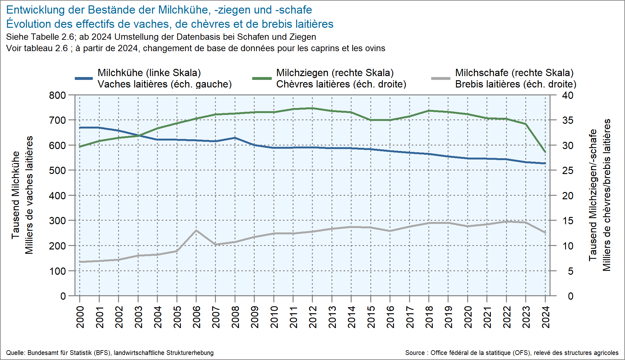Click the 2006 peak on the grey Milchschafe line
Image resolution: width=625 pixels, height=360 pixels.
click(x=196, y=231)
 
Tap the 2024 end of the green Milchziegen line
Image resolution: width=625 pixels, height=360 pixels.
click(x=545, y=152)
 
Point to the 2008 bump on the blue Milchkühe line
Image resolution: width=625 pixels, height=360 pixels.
click(x=235, y=138)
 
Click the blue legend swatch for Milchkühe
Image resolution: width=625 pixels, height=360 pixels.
click(x=84, y=78)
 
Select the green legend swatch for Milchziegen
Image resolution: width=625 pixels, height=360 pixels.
click(x=262, y=78)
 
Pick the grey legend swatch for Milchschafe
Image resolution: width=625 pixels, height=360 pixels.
click(x=441, y=78)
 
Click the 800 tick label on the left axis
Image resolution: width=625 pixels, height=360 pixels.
click(x=57, y=95)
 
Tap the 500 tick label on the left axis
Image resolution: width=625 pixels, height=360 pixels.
click(x=57, y=171)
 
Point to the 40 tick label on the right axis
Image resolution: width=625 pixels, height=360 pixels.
click(x=568, y=95)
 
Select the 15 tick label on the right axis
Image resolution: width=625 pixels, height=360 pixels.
click(x=568, y=221)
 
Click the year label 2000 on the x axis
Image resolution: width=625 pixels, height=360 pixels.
click(x=80, y=317)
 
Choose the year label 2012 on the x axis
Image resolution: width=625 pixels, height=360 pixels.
click(x=312, y=317)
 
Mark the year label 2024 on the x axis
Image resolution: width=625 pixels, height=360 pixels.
click(x=545, y=317)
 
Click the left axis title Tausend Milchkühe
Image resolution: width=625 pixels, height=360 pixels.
click(x=15, y=195)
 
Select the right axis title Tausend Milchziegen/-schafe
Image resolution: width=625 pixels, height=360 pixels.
click(x=592, y=195)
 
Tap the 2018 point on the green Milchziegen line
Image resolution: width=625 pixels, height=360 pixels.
click(x=429, y=111)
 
